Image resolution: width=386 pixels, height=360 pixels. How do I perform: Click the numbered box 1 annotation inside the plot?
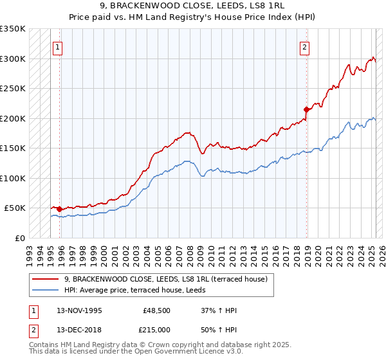tap(58, 46)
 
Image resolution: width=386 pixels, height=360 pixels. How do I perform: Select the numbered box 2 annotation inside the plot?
tap(304, 46)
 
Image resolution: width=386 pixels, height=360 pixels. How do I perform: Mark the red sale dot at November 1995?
tap(59, 209)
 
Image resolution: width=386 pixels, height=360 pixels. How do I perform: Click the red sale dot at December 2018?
tap(306, 110)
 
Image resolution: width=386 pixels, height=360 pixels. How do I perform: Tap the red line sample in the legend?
tap(46, 278)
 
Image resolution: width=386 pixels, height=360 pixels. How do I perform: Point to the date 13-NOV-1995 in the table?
tap(80, 310)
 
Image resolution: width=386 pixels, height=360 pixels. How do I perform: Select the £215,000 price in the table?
tap(157, 328)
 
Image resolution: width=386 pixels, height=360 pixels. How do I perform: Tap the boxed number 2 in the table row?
tap(33, 328)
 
